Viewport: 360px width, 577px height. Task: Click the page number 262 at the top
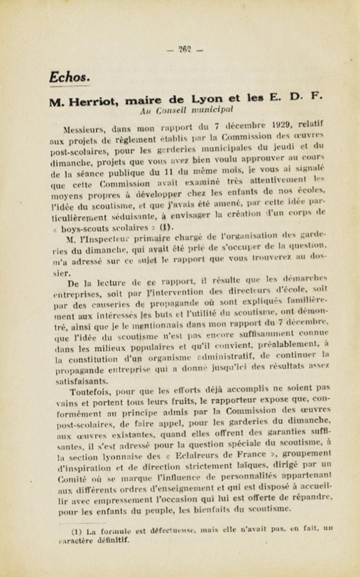184,49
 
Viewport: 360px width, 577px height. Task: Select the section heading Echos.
70,77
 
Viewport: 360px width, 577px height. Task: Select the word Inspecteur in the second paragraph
100,239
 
